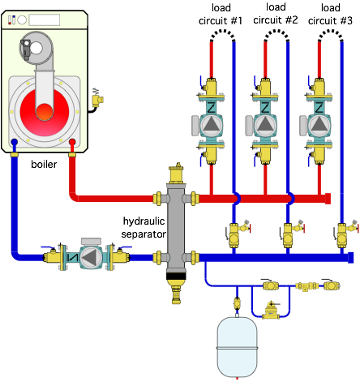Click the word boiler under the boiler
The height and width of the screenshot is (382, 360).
(x=44, y=164)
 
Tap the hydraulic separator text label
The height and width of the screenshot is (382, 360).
(x=144, y=227)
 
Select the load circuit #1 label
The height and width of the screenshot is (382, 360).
(x=221, y=14)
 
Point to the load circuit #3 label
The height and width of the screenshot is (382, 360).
(x=330, y=14)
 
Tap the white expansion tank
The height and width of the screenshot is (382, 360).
(x=237, y=347)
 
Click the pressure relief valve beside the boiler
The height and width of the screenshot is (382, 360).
(x=97, y=98)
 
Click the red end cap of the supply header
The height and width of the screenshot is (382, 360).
(x=328, y=199)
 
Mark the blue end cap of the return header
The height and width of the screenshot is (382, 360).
(x=351, y=257)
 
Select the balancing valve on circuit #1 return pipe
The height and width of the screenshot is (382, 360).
(x=237, y=234)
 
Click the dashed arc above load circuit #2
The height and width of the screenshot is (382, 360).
(x=276, y=35)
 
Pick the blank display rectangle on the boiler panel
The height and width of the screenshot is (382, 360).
(x=45, y=20)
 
